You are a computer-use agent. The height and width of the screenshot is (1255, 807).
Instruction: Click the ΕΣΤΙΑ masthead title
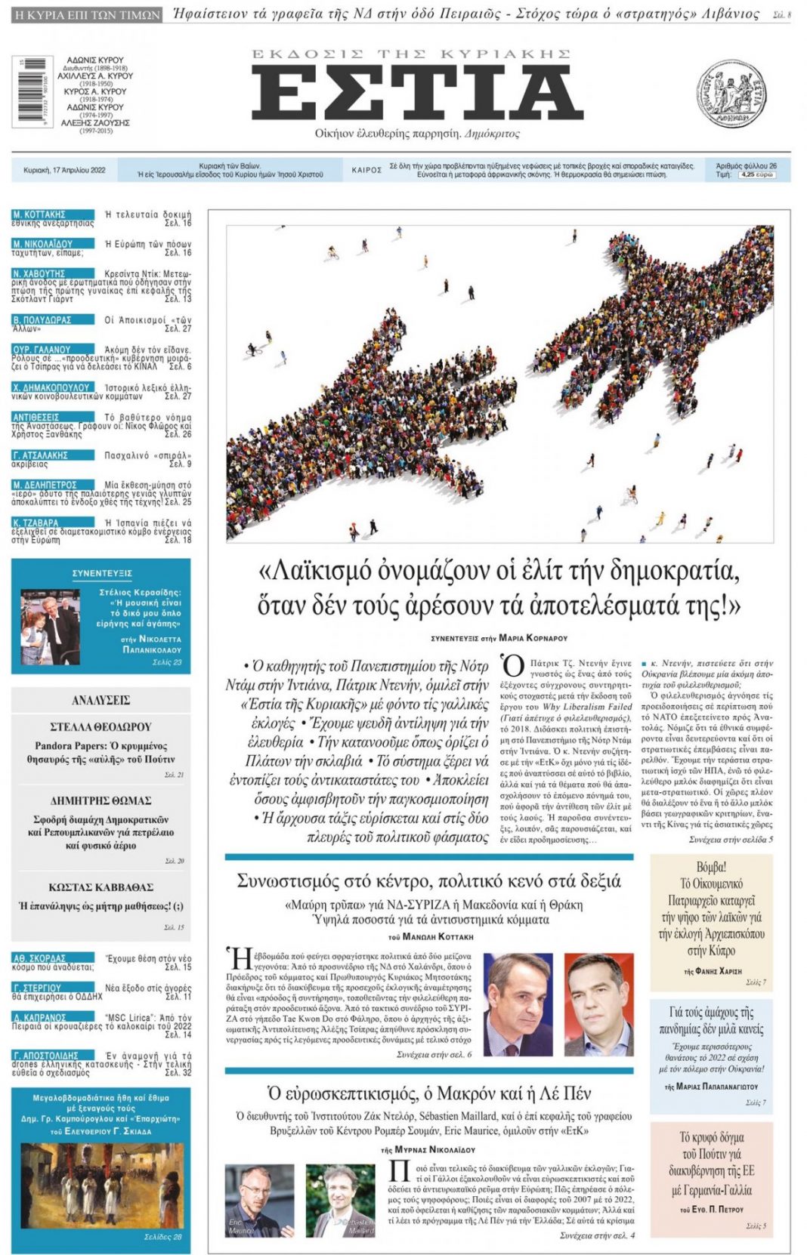point(417,93)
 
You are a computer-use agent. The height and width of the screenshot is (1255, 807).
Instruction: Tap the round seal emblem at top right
point(731,94)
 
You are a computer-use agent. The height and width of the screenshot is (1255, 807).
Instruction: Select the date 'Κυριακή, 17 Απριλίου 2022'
point(65,171)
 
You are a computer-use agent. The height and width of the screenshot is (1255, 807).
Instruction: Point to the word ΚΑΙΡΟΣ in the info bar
point(366,171)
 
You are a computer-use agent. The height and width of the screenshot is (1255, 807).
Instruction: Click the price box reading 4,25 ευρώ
point(756,174)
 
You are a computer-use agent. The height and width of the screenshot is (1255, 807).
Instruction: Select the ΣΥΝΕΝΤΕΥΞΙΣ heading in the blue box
point(102,573)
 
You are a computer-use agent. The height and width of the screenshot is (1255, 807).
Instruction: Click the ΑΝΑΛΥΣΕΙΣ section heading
point(101,700)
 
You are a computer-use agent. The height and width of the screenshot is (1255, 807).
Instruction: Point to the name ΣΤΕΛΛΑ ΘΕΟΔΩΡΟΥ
point(101,727)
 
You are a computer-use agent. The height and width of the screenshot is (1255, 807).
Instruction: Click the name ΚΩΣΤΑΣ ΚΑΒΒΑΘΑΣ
point(101,887)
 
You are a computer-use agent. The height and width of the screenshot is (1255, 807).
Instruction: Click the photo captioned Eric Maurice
point(258,1200)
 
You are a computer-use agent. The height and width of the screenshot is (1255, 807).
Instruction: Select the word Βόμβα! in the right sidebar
point(711,867)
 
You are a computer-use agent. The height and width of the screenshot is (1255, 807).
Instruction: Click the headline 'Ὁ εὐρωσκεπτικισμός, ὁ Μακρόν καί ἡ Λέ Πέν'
point(429,1093)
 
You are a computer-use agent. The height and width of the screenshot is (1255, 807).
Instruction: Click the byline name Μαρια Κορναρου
point(533,638)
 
